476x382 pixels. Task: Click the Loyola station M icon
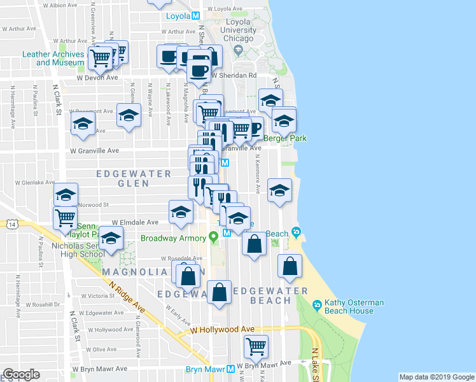click(x=196, y=15)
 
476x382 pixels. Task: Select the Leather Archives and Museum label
click(x=53, y=59)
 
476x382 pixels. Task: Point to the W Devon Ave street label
click(x=98, y=78)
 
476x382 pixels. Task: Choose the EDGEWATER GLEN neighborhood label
click(x=134, y=178)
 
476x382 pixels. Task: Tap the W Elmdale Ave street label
click(x=135, y=223)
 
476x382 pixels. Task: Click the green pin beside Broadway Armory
click(x=214, y=238)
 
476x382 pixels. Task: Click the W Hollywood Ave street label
click(x=223, y=330)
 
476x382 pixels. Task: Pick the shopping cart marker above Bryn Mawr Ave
click(x=256, y=347)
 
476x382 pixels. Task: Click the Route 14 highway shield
click(x=11, y=224)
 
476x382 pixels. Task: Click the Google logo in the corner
click(x=22, y=374)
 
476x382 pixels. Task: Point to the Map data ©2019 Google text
click(x=436, y=377)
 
